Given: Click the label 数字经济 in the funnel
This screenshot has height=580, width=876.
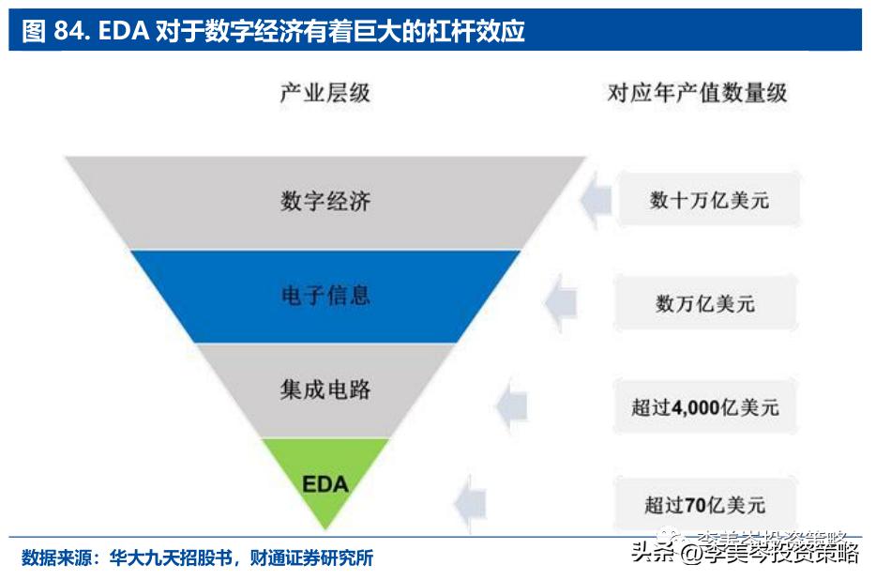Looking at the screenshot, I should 325,202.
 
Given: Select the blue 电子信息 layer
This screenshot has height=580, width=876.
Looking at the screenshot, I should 325,296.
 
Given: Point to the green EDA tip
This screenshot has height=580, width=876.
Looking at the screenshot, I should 325,484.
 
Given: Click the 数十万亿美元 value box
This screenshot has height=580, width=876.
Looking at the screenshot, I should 710,200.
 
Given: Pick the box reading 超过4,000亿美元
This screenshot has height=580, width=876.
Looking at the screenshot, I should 705,407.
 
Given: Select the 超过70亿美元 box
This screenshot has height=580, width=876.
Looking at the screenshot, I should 705,505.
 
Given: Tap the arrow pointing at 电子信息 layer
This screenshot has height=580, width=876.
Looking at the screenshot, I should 559,302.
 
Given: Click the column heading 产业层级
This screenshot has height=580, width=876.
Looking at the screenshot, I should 325,92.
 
